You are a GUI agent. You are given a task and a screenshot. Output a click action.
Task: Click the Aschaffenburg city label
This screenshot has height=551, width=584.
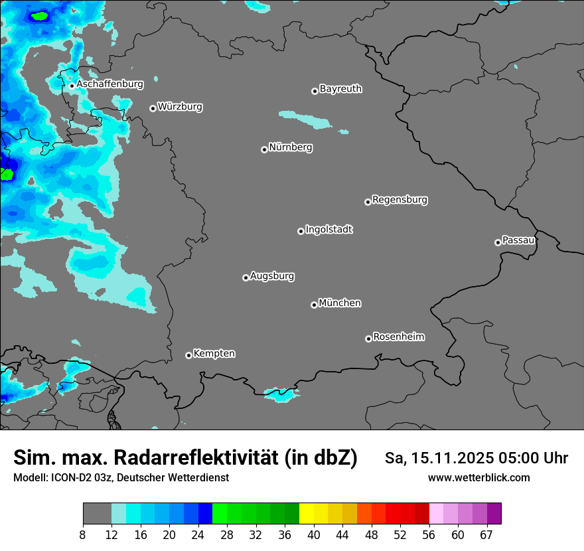(x=110, y=84)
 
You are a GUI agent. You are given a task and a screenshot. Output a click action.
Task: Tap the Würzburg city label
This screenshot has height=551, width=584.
(x=180, y=107)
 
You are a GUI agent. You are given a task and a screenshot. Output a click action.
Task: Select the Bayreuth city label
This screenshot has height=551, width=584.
(x=340, y=89)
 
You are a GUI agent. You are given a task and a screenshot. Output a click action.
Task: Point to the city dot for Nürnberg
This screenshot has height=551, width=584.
(x=264, y=149)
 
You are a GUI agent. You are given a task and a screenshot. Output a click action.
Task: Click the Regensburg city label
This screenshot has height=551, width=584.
(x=400, y=200)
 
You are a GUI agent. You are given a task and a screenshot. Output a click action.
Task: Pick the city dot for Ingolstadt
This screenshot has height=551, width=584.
(x=301, y=231)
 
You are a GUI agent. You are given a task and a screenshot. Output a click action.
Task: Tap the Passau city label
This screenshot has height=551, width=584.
(x=518, y=240)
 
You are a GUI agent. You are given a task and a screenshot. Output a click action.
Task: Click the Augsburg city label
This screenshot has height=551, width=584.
(x=272, y=276)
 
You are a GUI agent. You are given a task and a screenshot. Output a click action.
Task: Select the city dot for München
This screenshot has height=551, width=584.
(x=314, y=305)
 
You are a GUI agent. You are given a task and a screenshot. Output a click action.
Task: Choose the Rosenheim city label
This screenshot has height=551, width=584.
(x=398, y=337)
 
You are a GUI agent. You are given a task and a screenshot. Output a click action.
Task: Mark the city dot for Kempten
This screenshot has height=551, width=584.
(x=188, y=355)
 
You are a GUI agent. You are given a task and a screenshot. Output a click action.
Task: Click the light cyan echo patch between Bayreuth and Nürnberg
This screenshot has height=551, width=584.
(x=305, y=119)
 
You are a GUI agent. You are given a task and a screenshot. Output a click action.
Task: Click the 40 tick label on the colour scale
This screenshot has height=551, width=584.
(x=313, y=535)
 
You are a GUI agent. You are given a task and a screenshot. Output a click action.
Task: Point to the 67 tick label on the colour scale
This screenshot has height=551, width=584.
(x=486, y=535)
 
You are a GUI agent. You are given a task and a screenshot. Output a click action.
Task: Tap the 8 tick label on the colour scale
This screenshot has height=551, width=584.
(x=83, y=535)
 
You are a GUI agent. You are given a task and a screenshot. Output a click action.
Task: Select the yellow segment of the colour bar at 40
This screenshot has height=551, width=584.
(x=307, y=514)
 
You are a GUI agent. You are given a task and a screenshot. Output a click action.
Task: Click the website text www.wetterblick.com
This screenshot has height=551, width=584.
(x=478, y=477)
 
